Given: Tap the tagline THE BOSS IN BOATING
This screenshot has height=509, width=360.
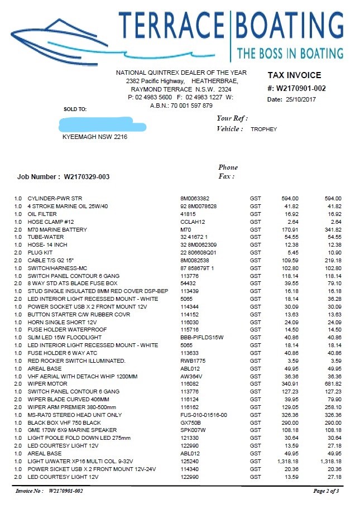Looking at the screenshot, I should [290, 54].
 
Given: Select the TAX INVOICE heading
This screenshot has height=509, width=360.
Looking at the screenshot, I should [294, 75].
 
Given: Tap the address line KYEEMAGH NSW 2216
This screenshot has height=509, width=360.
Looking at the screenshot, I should [94, 137].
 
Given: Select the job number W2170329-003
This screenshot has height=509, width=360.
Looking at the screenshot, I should [87, 177].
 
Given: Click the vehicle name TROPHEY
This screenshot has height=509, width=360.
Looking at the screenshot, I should [264, 129].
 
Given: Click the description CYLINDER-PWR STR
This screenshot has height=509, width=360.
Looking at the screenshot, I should [55, 198].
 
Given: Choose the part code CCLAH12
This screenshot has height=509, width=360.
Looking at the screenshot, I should [191, 222].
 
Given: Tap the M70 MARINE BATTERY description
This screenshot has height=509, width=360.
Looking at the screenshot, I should [56, 229].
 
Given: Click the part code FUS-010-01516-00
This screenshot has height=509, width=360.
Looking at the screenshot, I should [204, 415].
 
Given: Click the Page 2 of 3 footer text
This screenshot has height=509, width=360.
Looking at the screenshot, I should [326, 491].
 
